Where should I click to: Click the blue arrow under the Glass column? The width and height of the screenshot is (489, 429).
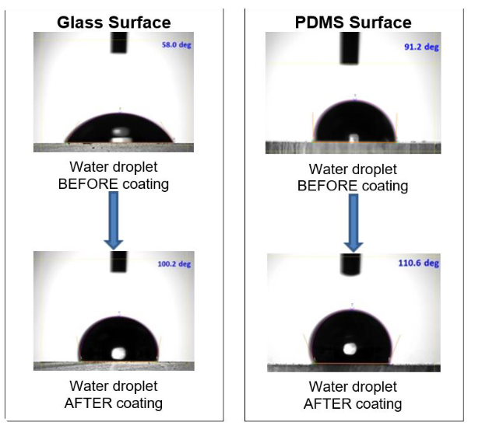click(114, 222)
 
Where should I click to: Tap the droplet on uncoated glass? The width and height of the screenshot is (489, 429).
click(118, 130)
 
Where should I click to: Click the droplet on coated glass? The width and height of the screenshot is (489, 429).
click(119, 339)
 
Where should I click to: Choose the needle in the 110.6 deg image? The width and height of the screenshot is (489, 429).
click(350, 264)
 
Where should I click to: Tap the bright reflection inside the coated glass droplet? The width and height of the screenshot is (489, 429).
click(118, 353)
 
